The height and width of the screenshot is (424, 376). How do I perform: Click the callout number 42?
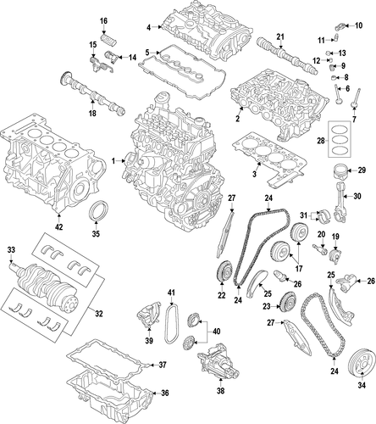tap(59, 226)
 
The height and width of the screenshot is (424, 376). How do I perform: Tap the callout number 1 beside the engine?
tap(113, 161)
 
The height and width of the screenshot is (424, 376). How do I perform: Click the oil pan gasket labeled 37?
tap(108, 359)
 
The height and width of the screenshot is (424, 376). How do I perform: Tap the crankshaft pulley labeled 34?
tap(362, 364)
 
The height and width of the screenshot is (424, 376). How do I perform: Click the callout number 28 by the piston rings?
tap(321, 140)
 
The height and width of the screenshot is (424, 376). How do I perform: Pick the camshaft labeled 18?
tap(92, 92)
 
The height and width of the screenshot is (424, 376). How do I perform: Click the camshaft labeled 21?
tap(286, 56)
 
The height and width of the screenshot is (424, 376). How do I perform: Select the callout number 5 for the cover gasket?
tap(147, 53)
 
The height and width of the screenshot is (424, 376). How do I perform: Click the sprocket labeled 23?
tap(286, 304)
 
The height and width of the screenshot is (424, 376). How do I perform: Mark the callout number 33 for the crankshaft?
tap(11, 250)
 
